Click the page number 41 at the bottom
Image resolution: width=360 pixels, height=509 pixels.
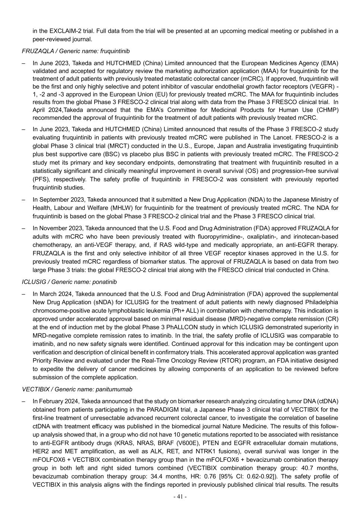point(180,497)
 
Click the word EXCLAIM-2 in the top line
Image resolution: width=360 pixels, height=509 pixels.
point(55,31)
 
